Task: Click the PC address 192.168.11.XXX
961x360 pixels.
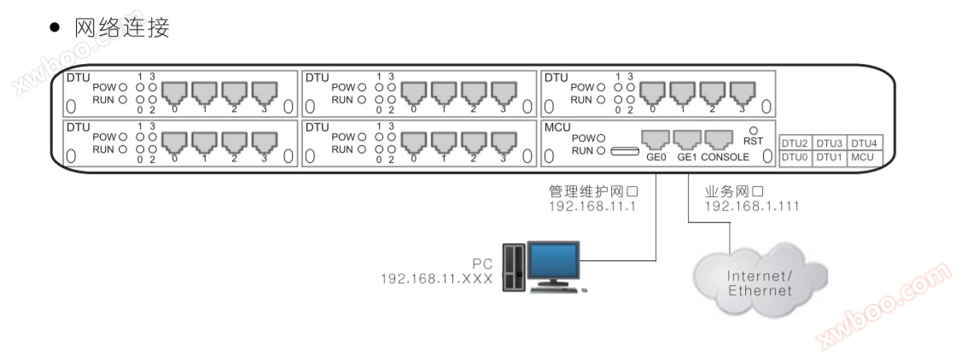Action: [437, 278]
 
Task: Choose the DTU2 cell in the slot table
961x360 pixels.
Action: [795, 143]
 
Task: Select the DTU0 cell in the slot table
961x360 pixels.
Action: [795, 157]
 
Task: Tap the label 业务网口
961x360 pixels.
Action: [729, 192]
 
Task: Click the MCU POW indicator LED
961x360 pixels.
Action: [602, 137]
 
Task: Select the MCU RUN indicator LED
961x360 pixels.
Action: [602, 150]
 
